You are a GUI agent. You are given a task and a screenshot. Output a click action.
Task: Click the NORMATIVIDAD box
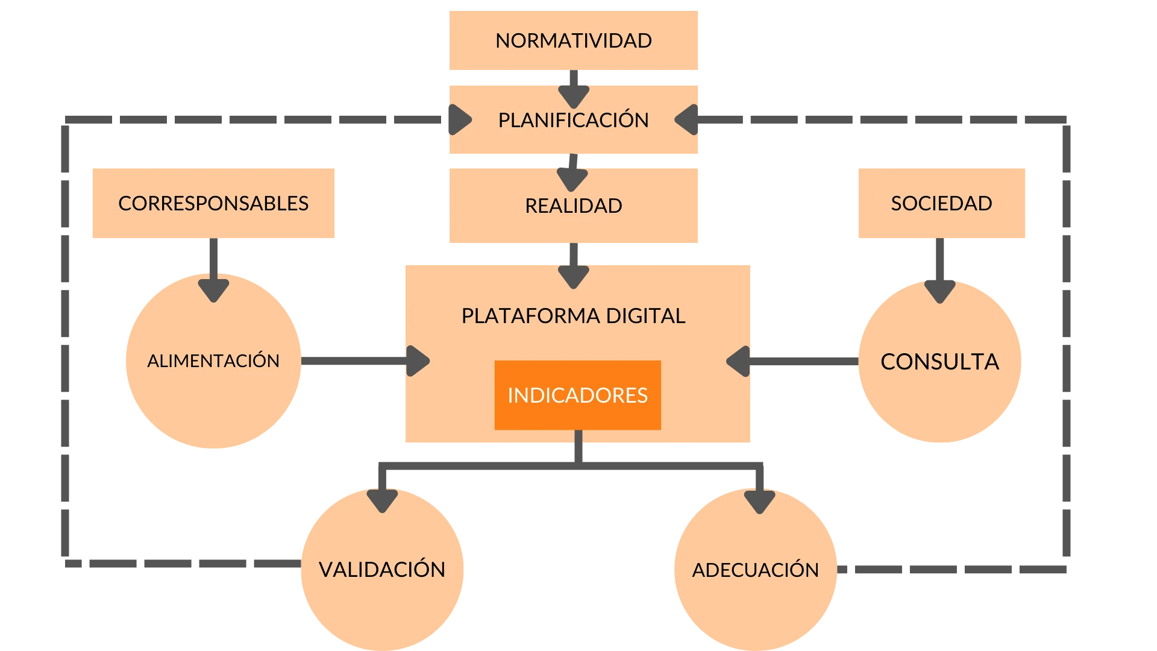573,40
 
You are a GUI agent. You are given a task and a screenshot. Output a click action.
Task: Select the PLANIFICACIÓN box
573,120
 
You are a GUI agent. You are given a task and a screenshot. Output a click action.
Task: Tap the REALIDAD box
573,206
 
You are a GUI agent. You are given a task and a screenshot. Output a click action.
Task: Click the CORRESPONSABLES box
214,203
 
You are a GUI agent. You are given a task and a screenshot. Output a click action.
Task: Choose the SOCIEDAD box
941,203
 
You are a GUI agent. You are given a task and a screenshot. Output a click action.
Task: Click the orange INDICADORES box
577,395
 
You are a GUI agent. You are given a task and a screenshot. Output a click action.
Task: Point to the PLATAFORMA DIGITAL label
573,316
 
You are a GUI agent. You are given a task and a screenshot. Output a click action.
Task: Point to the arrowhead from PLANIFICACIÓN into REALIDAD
572,178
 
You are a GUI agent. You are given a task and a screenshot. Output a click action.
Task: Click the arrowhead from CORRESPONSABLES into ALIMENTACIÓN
214,288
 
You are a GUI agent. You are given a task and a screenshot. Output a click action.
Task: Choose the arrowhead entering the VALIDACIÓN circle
382,499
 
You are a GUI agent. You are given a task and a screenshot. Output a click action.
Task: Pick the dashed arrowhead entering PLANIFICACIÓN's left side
459,120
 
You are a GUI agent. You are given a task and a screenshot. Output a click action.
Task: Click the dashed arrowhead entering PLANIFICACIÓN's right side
687,120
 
